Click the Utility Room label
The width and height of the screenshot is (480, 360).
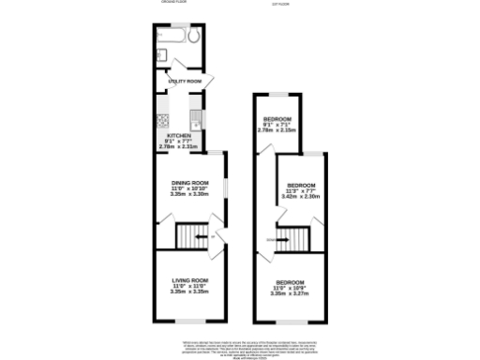click(185, 82)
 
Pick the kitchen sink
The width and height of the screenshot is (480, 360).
click(196, 119)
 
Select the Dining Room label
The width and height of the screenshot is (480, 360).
click(188, 182)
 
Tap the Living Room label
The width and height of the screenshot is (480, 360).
click(188, 280)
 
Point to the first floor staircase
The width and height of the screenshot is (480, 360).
click(298, 240)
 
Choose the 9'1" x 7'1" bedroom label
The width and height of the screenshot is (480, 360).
click(277, 118)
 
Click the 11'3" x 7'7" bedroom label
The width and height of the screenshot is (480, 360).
click(301, 185)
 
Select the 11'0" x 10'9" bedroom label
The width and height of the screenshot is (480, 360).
click(290, 282)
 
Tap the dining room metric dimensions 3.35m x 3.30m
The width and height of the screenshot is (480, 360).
click(188, 193)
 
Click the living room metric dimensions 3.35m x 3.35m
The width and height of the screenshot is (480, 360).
click(188, 292)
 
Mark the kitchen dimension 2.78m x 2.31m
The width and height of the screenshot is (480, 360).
click(178, 147)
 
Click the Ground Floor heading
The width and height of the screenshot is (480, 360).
click(170, 3)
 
